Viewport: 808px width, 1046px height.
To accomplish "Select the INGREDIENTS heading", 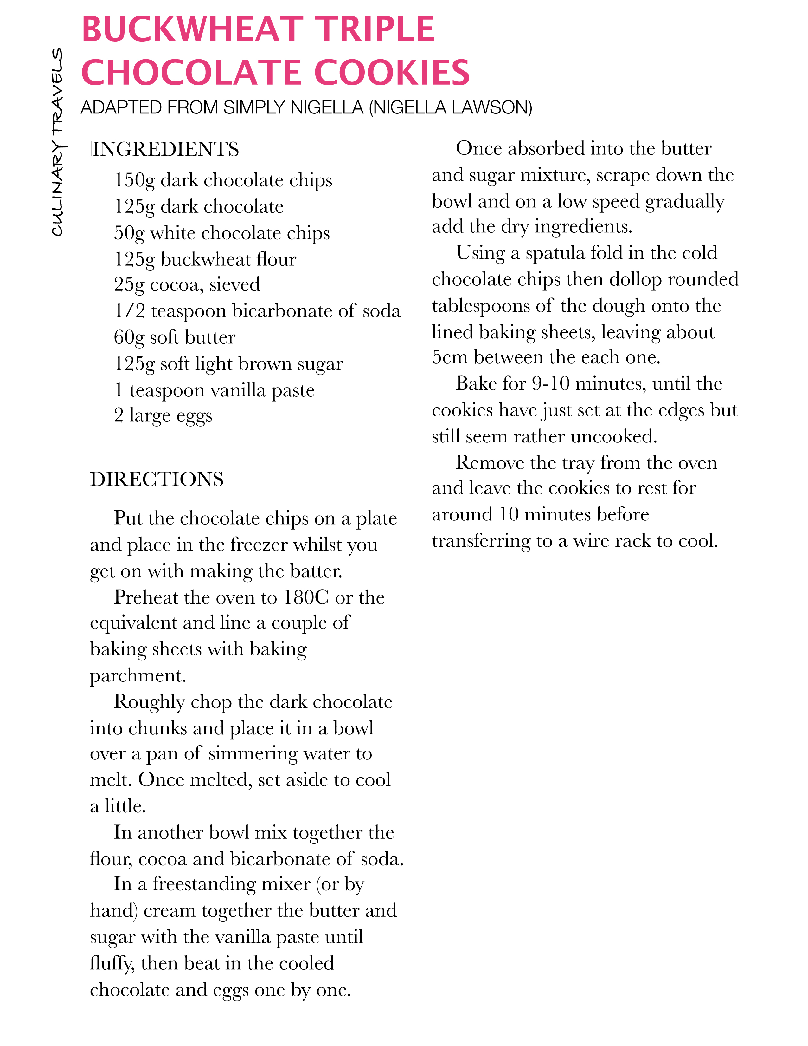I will point(165,149).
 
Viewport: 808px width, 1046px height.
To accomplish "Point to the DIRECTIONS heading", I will point(157,479).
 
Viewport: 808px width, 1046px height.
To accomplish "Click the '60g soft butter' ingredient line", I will point(174,338).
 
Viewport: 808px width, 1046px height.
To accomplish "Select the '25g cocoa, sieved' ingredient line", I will point(187,285).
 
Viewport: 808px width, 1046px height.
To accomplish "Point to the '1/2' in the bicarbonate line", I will point(129,311).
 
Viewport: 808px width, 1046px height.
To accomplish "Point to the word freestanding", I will point(231,884).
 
